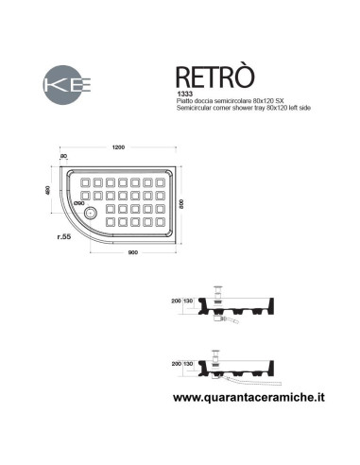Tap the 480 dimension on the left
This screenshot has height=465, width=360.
point(47,193)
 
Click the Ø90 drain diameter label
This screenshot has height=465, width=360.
point(79,202)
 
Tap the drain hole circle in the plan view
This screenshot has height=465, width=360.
point(91,212)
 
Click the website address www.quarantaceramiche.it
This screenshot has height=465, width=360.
point(252,400)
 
